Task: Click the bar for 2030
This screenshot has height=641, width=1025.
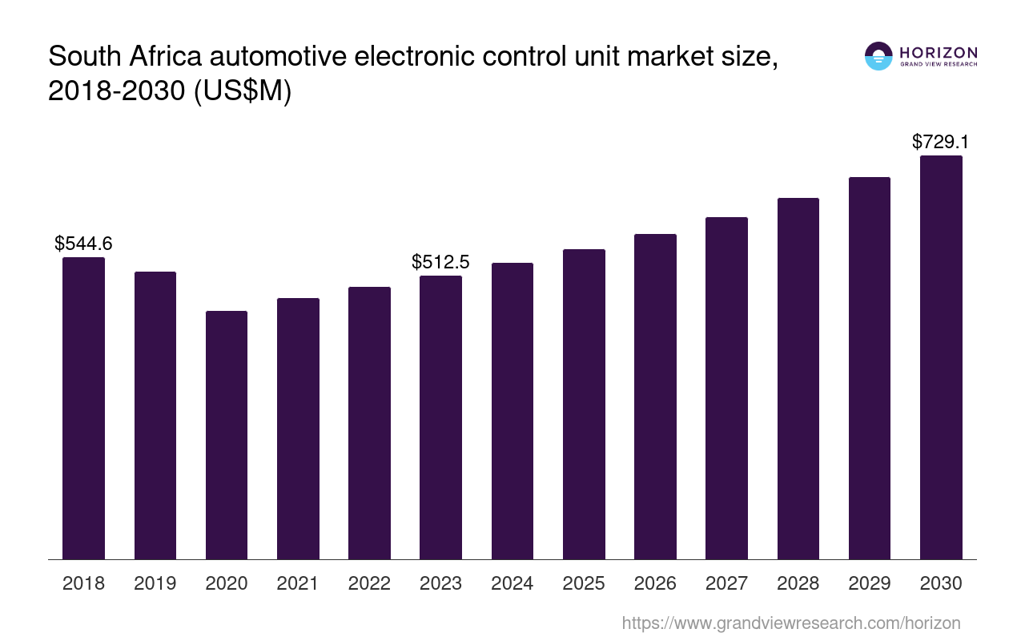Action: [941, 357]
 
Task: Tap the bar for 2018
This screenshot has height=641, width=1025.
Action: [83, 408]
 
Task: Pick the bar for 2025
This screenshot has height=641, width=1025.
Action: [584, 404]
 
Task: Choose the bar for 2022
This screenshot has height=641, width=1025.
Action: [369, 423]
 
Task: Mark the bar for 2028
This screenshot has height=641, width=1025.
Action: [798, 378]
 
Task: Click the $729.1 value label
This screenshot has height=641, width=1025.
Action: [941, 143]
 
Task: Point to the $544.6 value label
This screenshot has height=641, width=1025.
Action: [83, 244]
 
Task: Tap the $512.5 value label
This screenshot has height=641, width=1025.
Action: [440, 262]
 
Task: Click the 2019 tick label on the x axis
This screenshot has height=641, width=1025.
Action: [155, 583]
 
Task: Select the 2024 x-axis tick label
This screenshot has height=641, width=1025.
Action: [512, 583]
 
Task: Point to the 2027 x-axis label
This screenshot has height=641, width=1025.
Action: [726, 583]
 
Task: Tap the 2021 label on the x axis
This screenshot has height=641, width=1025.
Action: [298, 583]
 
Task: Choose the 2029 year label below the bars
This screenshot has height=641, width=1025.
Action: [870, 583]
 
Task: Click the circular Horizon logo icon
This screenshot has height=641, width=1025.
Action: [878, 56]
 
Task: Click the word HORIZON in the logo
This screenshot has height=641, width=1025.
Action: [939, 52]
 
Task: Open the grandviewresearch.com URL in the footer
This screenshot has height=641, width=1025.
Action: [790, 623]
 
